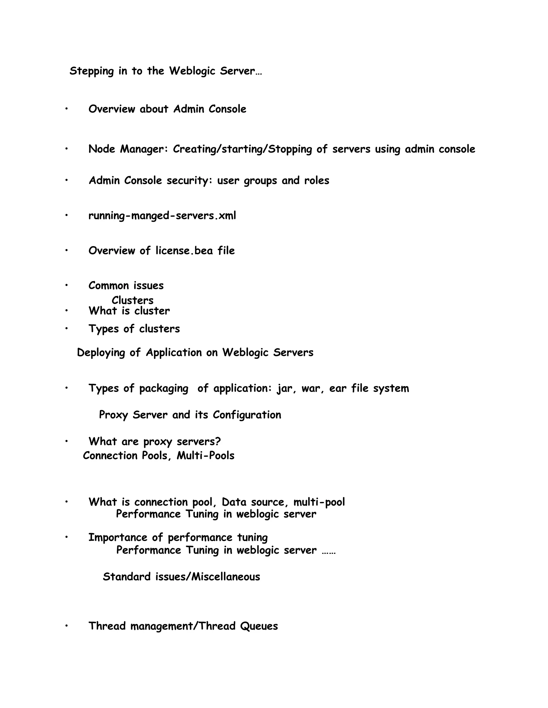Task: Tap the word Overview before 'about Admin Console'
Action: (x=112, y=109)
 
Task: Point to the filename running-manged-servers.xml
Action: (x=162, y=216)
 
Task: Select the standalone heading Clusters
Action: (x=132, y=301)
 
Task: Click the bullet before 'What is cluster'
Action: (x=66, y=310)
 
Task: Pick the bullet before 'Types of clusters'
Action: (x=66, y=328)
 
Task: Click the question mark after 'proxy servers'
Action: (x=218, y=442)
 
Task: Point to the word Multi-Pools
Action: (x=205, y=456)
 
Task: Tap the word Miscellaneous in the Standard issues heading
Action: (x=226, y=577)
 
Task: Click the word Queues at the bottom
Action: (x=259, y=626)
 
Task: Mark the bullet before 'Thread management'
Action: (x=66, y=625)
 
